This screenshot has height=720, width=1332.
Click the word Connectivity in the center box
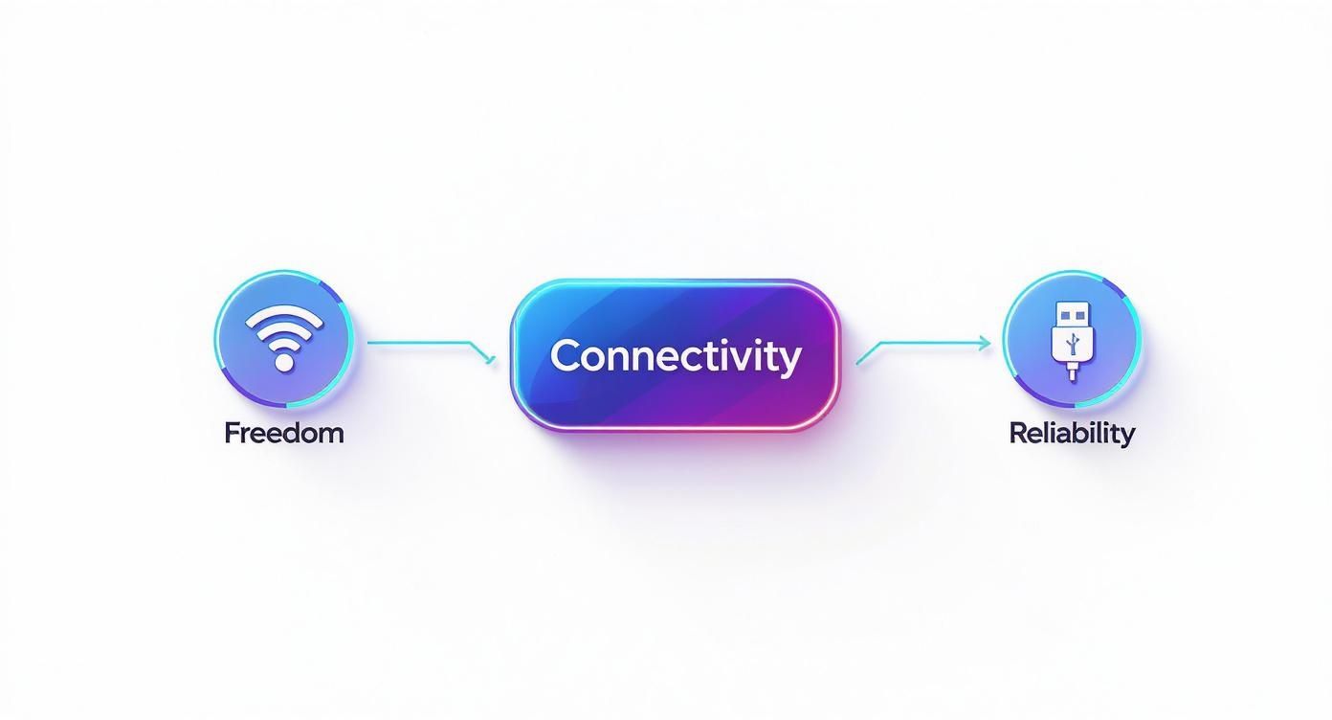[675, 356]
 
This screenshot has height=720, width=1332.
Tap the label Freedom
[283, 433]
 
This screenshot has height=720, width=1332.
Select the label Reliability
[1072, 433]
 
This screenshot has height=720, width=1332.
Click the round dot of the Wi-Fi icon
[283, 362]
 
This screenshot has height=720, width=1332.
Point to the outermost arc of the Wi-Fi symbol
[284, 315]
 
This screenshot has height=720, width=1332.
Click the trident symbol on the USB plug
[1072, 343]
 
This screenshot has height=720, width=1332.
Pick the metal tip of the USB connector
[1072, 314]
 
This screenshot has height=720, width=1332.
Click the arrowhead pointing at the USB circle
[986, 343]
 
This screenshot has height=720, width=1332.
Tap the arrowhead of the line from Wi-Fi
[490, 361]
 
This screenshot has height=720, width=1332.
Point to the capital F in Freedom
[232, 433]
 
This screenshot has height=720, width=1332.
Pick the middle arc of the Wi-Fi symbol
[284, 330]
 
